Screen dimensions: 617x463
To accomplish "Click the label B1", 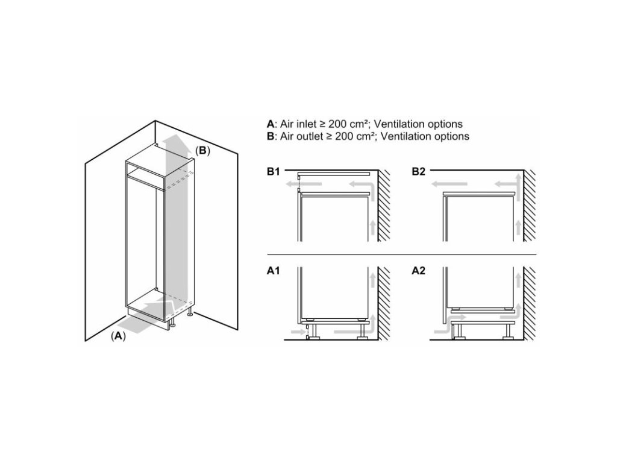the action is (273, 172).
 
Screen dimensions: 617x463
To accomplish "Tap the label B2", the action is (418, 172).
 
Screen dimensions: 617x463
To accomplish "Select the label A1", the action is (273, 271).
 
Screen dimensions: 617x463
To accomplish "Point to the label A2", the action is (418, 271).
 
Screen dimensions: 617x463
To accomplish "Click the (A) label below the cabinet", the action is (118, 336).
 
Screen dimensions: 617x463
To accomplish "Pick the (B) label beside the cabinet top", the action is (202, 150).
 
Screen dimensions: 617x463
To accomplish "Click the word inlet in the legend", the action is (305, 124).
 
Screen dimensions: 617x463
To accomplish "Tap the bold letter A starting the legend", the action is (271, 124).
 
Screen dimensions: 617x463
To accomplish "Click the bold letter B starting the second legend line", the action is (271, 136).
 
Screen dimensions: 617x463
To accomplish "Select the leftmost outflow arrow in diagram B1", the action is (304, 184).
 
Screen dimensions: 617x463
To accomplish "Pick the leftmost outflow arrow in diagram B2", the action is (449, 184).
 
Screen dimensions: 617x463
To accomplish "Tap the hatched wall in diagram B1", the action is (384, 206).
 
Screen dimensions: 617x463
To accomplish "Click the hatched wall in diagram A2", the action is (530, 304).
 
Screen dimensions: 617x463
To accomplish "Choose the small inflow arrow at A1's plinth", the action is (297, 333).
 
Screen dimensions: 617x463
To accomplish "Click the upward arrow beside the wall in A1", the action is (373, 280).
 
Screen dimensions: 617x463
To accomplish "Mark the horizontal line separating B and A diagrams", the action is (401, 254).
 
